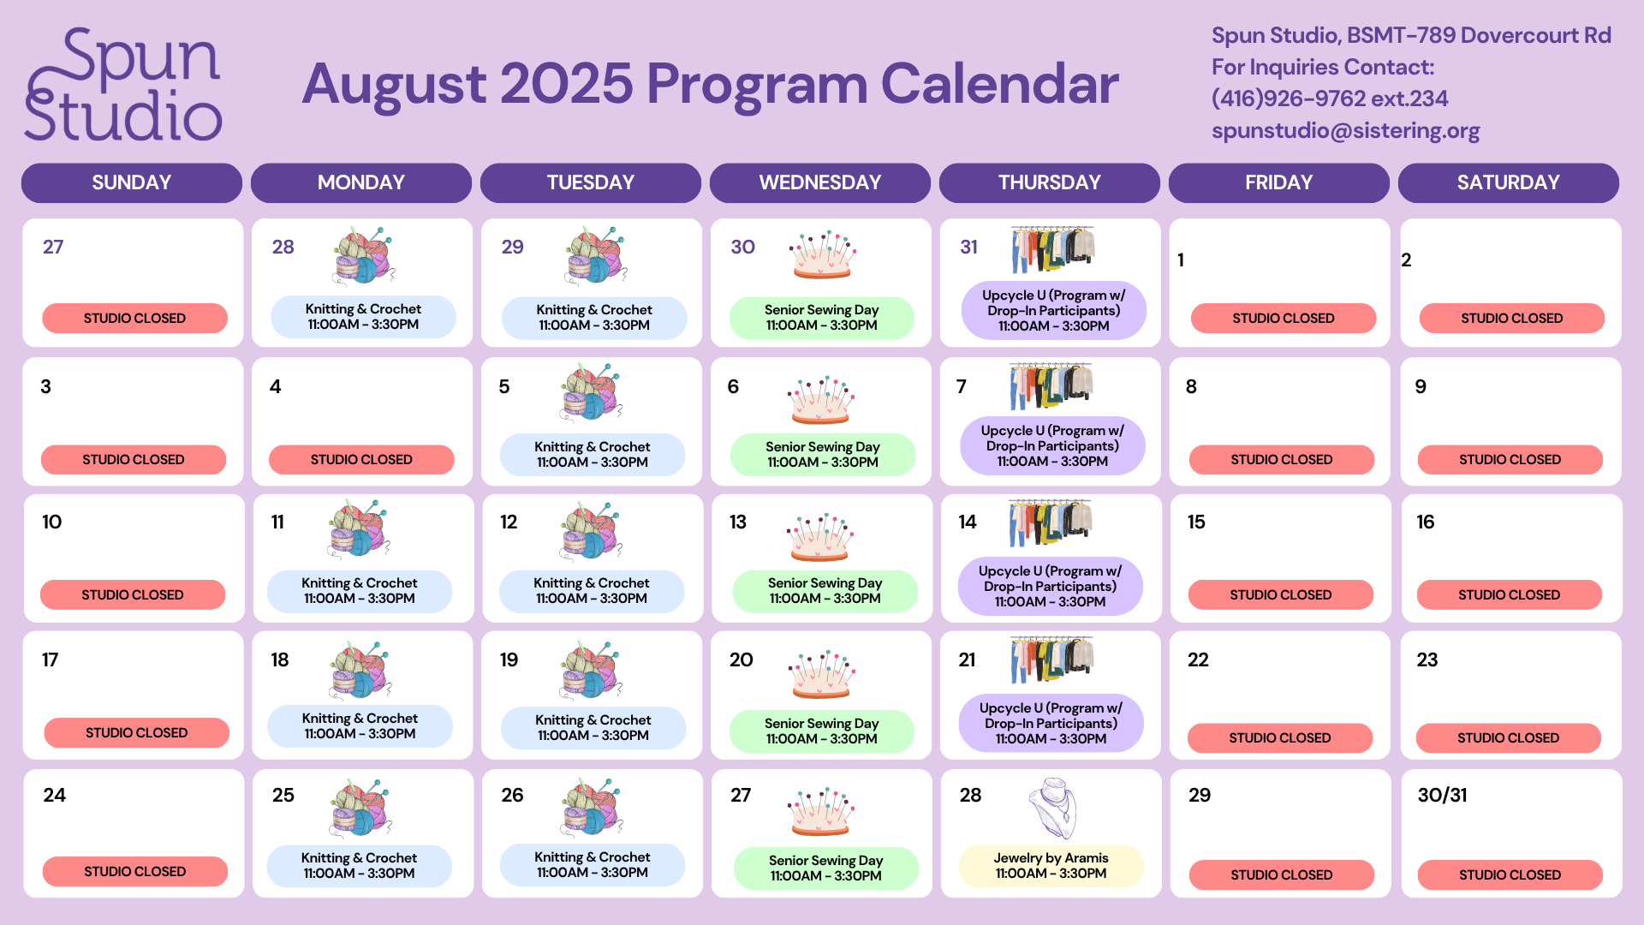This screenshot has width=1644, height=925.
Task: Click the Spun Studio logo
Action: [x=122, y=84]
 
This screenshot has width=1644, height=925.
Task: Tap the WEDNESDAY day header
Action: [x=820, y=182]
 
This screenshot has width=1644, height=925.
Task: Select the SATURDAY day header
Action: [x=1509, y=182]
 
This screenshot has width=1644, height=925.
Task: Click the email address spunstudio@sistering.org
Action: [x=1345, y=130]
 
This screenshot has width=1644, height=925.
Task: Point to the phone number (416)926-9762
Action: [x=1288, y=98]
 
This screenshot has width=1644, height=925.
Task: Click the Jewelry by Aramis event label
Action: [x=1051, y=866]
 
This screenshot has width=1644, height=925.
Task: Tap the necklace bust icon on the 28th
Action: [x=1053, y=808]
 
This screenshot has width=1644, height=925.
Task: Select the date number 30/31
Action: [x=1442, y=795]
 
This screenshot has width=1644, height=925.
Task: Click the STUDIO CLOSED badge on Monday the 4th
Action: [x=361, y=459]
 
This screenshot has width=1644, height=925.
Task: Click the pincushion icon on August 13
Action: [x=820, y=537]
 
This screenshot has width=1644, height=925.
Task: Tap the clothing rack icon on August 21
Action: [x=1051, y=659]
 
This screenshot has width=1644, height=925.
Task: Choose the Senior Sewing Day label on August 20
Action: [x=822, y=731]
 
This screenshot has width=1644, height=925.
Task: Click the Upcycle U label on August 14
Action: [x=1051, y=586]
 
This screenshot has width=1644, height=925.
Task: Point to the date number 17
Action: [x=51, y=659]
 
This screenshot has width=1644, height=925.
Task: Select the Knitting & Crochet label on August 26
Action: [x=593, y=865]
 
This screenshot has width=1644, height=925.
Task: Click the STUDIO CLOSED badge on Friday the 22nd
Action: [x=1280, y=737]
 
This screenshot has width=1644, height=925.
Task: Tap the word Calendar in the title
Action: [x=1000, y=84]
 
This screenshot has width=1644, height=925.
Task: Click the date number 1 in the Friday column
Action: [x=1181, y=260]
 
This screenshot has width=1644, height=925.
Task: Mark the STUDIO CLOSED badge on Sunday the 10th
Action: [x=133, y=594]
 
